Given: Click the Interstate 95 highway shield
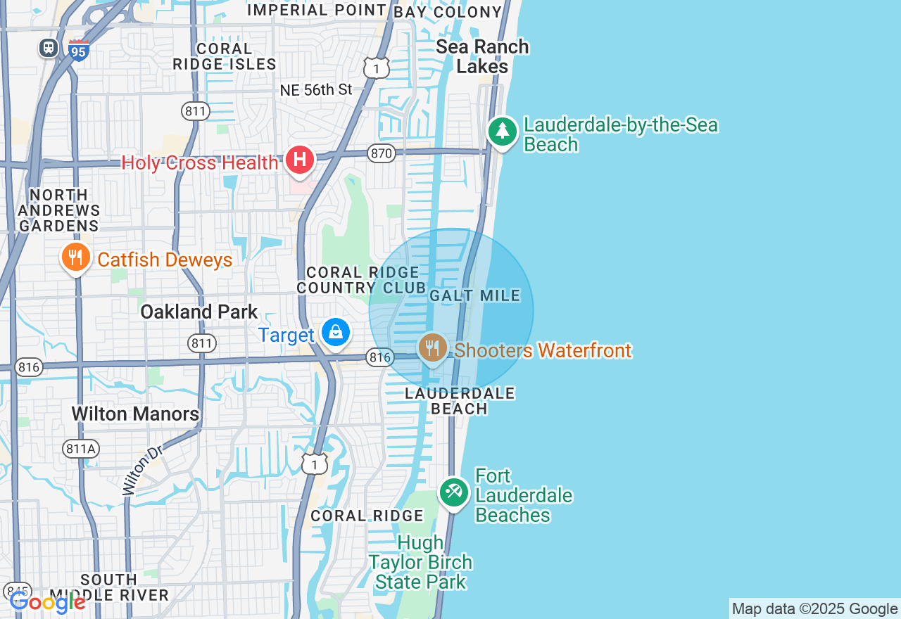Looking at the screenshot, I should coord(79,50).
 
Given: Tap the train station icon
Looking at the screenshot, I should coord(49,48).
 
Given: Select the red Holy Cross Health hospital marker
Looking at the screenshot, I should coord(300,160).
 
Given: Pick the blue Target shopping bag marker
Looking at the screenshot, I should coord(336,333).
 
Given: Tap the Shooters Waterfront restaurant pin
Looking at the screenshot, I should coord(433,347).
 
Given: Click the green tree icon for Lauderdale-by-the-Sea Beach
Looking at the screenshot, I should coord(503,132).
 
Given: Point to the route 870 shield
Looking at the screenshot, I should coord(381,153).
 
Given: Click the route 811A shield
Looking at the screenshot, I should coord(80,449).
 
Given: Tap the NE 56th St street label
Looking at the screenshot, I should coord(316,90).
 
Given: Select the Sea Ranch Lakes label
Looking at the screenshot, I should coord(482,56).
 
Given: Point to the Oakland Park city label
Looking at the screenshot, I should coord(199,312).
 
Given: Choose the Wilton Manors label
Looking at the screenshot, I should coord(135,414).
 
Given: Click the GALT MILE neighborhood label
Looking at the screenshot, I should coord(475,296).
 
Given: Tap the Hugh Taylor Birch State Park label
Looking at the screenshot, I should coord(420,562).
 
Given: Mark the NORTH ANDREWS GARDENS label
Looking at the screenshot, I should coord(59,210).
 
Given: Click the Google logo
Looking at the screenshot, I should coord(48,602).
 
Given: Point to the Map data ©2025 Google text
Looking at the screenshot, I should coord(814,609).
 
